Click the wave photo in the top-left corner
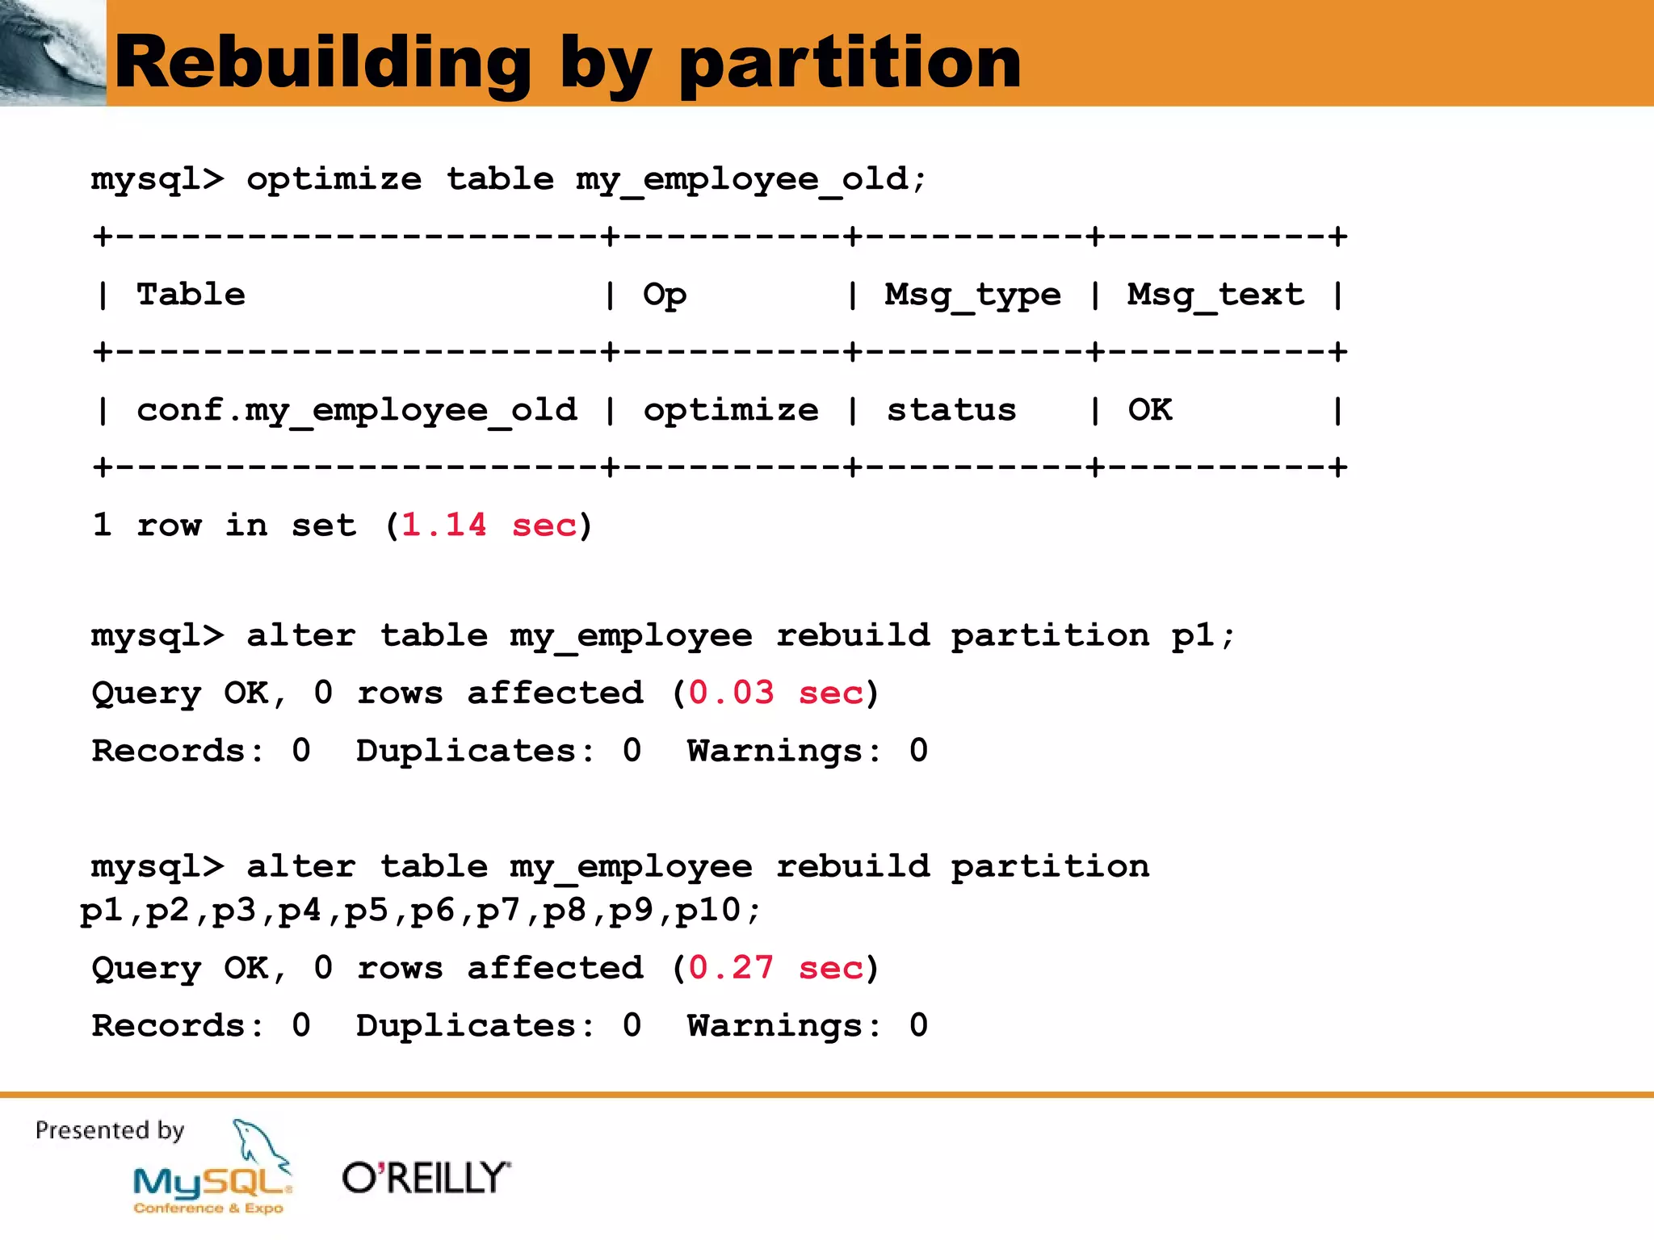(52, 52)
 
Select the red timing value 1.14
(443, 526)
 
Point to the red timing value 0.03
(731, 693)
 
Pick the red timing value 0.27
(731, 968)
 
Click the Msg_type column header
(972, 295)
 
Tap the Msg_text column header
(1215, 295)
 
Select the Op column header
(665, 295)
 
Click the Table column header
(191, 295)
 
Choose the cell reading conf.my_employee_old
(357, 411)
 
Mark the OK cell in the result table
(1150, 410)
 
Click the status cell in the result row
(951, 411)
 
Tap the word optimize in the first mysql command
(334, 180)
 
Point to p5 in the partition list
(366, 911)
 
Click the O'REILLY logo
(426, 1178)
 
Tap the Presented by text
(110, 1131)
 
